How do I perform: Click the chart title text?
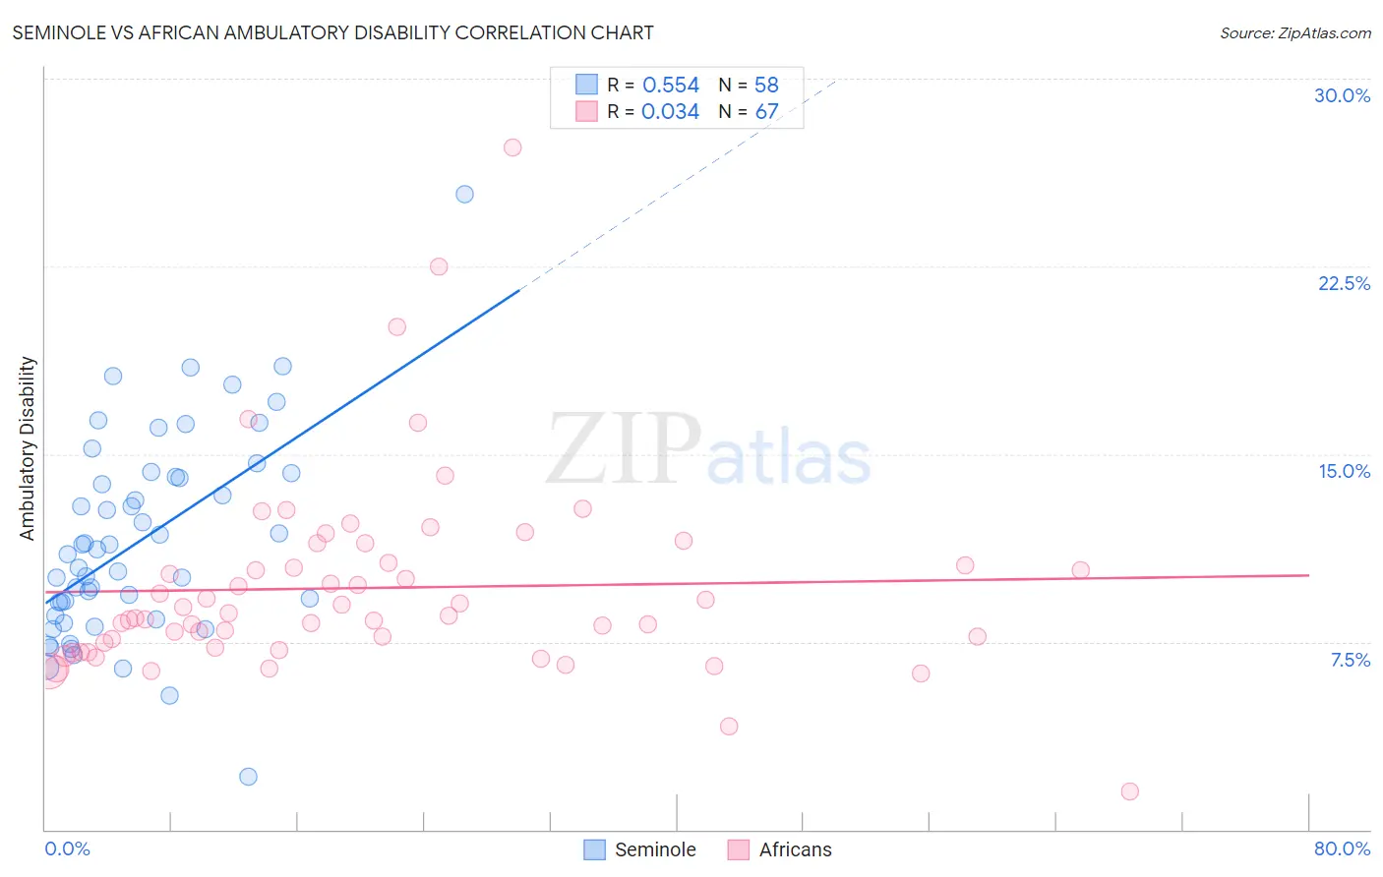(x=332, y=32)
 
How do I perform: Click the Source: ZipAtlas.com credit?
(x=1294, y=32)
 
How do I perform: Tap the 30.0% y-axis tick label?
(x=1342, y=95)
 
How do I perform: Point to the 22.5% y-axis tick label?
(x=1344, y=283)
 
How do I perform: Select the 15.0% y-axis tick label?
(x=1344, y=471)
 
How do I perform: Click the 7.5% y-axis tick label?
(x=1350, y=660)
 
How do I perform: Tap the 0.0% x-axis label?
(x=67, y=848)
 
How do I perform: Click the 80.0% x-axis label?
(x=1342, y=848)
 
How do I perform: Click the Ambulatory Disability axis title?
(x=28, y=448)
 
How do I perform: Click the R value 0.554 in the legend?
(x=671, y=86)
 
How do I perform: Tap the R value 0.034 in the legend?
(x=670, y=112)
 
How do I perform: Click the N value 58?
(x=766, y=86)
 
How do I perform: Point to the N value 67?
(x=766, y=112)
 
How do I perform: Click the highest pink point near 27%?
(x=512, y=147)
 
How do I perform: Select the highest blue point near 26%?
(x=464, y=195)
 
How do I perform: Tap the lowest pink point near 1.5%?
(x=1129, y=791)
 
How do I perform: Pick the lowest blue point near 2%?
(x=248, y=777)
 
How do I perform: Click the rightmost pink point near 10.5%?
(x=1080, y=570)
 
